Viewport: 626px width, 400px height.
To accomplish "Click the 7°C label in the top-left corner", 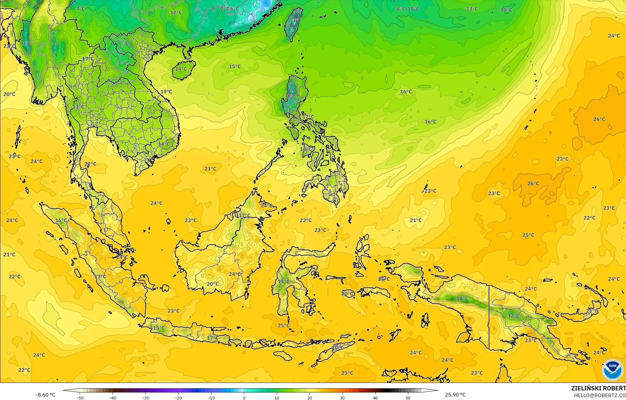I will (x=81, y=9).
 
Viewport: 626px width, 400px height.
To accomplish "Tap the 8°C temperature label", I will (x=401, y=9).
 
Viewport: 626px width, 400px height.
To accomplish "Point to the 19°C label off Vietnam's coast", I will (x=166, y=91).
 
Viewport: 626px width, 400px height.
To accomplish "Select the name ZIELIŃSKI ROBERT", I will (x=598, y=388).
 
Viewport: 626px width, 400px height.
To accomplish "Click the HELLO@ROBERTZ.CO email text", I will (x=600, y=395).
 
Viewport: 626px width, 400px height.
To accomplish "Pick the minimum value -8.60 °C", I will (x=45, y=395).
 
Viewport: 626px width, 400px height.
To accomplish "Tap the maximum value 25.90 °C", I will (x=455, y=395).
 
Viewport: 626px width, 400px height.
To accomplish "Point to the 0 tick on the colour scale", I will (x=244, y=398).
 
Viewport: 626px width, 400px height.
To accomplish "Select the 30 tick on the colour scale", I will (x=342, y=398).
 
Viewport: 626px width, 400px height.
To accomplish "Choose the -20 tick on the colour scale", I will (x=178, y=398).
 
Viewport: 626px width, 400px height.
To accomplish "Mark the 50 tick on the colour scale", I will (x=408, y=398).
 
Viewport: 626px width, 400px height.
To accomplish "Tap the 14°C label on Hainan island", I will (x=181, y=69).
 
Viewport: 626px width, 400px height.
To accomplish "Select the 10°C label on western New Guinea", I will (x=462, y=299).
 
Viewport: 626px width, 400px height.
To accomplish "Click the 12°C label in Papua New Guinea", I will (x=514, y=315).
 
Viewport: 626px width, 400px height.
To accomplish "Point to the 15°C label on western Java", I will (x=159, y=328).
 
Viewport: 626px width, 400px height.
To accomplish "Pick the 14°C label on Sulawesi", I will (x=283, y=281).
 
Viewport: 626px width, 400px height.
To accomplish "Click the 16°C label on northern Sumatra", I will (x=61, y=220).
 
